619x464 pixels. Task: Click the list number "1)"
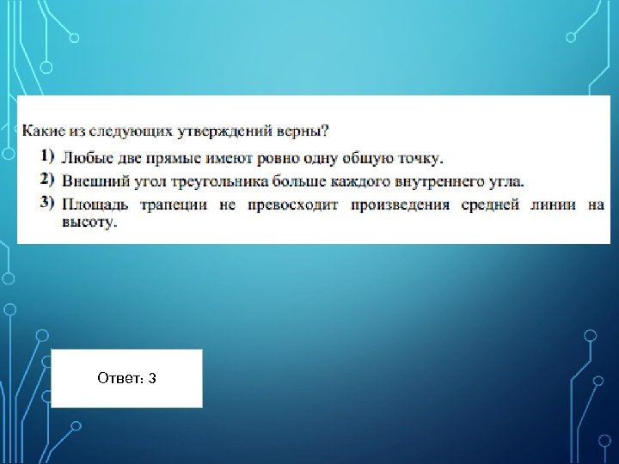pyautogui.click(x=46, y=156)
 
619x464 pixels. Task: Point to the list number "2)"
pyautogui.click(x=46, y=180)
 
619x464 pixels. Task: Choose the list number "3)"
pyautogui.click(x=46, y=204)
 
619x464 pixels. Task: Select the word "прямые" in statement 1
pyautogui.click(x=175, y=158)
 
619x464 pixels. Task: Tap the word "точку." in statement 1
pyautogui.click(x=419, y=158)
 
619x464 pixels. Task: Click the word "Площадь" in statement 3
pyautogui.click(x=95, y=205)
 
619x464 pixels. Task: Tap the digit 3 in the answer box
pyautogui.click(x=151, y=379)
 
